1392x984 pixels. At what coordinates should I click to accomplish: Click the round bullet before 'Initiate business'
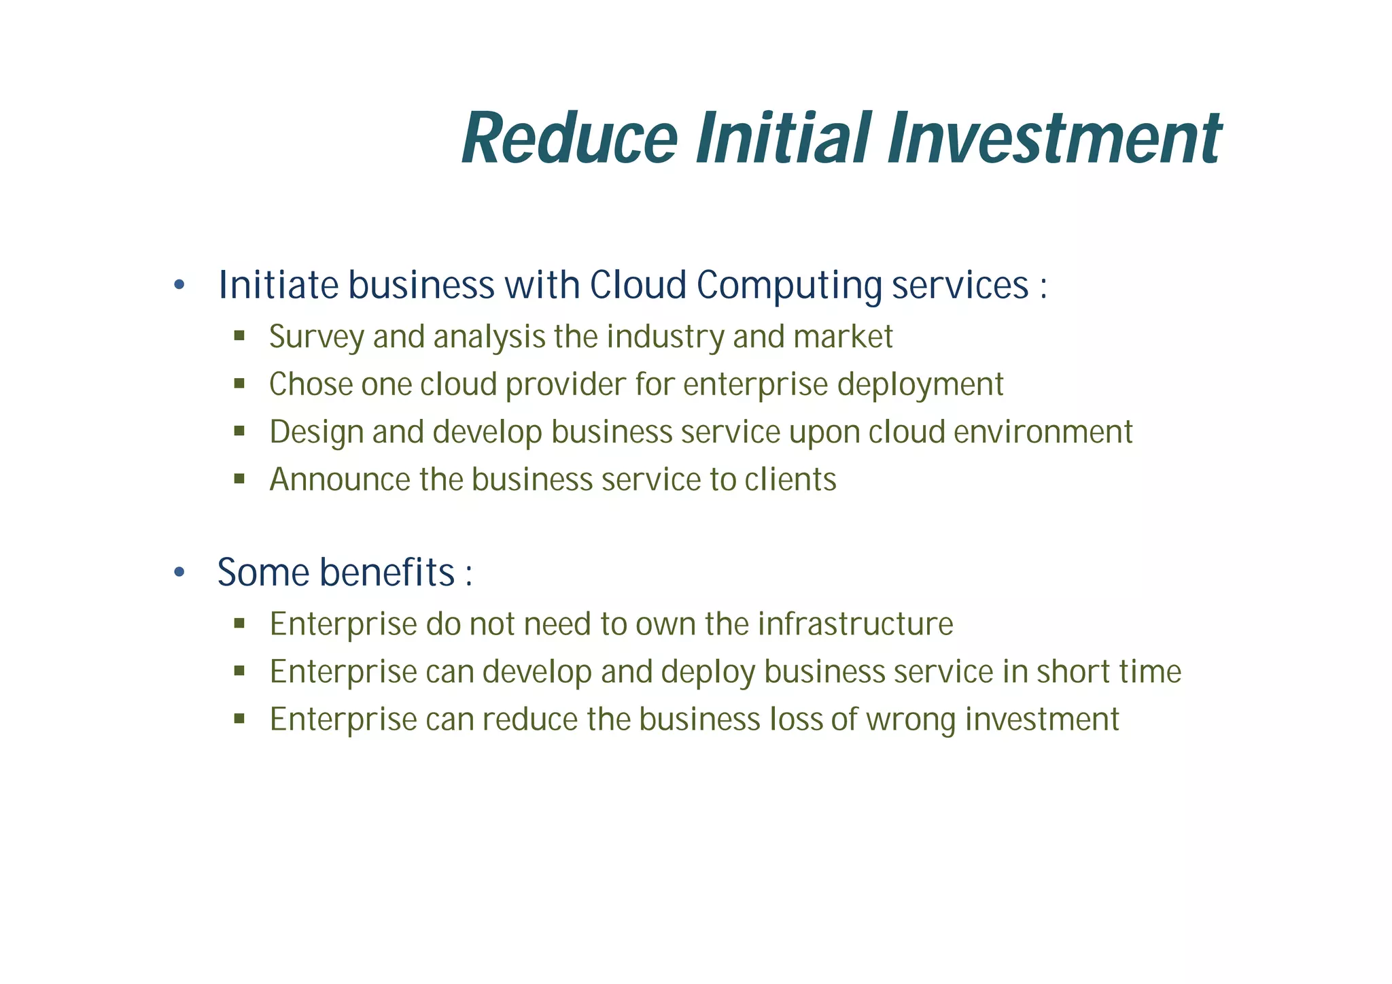coord(179,285)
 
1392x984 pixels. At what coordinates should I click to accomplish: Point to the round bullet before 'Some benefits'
coord(179,573)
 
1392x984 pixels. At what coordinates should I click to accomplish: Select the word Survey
coord(316,337)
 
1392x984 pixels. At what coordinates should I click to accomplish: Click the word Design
coord(316,432)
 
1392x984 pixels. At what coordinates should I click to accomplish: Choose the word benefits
coord(387,573)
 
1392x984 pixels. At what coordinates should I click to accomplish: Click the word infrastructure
coord(856,624)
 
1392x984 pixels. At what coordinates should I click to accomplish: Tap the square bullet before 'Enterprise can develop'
coord(239,671)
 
